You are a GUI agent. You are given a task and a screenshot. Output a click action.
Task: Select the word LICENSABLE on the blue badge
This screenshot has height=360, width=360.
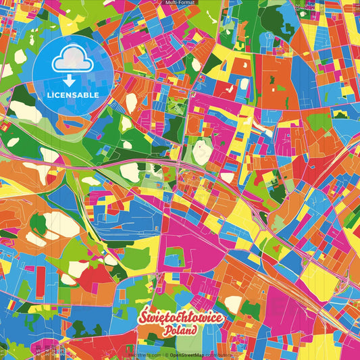coord(72,95)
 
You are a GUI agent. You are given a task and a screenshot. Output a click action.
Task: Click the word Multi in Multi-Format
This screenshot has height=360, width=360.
coord(172,3)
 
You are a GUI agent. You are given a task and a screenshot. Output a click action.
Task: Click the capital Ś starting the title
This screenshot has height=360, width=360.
coord(141,317)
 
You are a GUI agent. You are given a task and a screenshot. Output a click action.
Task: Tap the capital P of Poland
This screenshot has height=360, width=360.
coord(165,332)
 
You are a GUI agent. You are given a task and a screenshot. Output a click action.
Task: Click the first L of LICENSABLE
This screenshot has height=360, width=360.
coord(49,95)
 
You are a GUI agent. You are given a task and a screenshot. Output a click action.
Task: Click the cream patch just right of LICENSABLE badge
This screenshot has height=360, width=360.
coord(131,103)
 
